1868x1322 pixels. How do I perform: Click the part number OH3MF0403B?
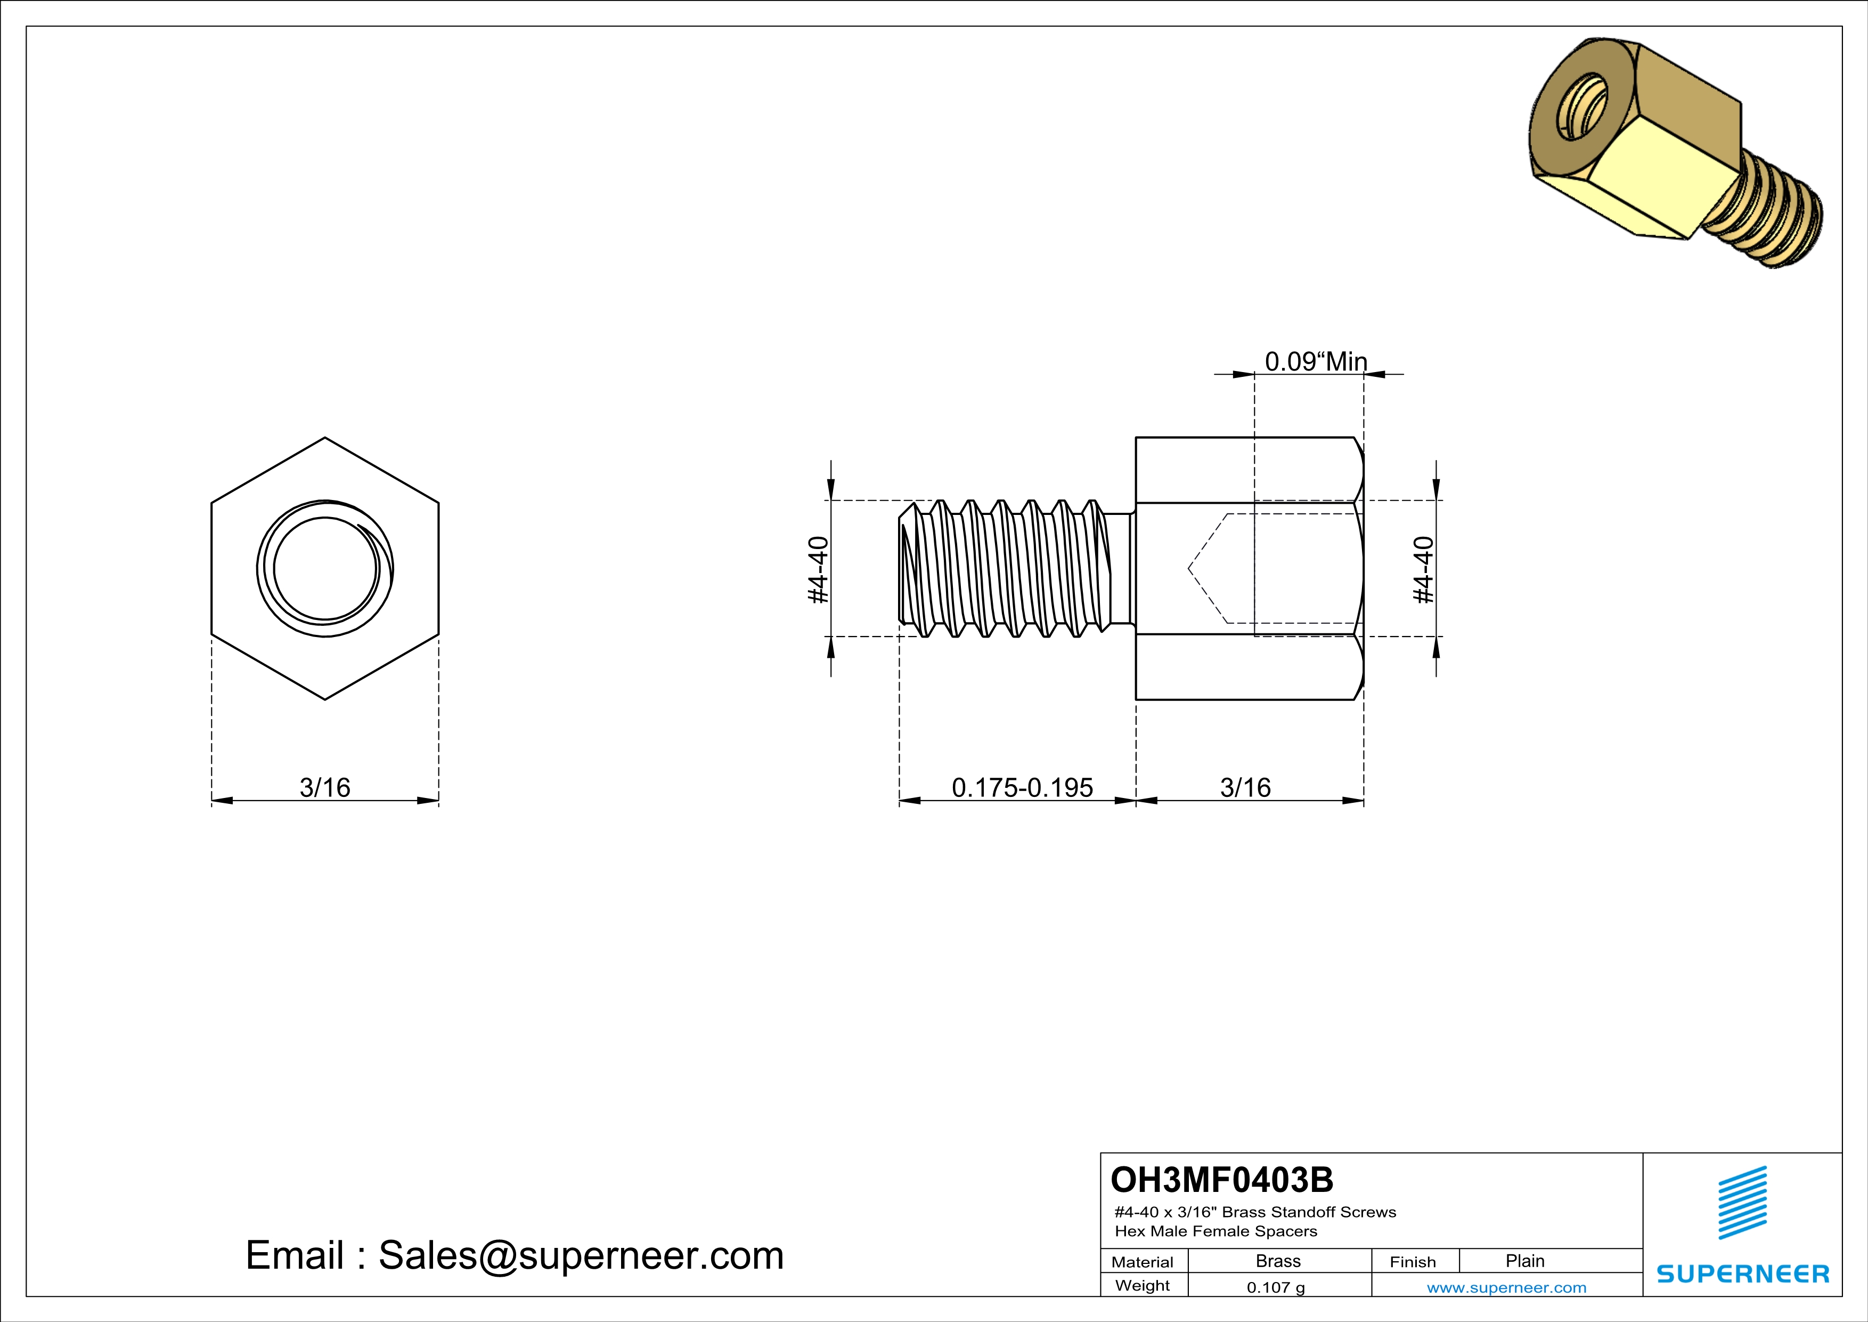coord(1221,1180)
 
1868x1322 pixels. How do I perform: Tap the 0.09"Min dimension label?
coord(1316,361)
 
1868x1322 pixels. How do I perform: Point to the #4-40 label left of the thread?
coord(818,570)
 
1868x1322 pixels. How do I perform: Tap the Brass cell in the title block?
coord(1278,1261)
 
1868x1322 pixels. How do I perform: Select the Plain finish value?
coord(1524,1261)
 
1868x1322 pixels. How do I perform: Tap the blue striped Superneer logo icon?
coord(1742,1203)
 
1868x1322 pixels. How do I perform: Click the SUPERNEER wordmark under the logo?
coord(1742,1274)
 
